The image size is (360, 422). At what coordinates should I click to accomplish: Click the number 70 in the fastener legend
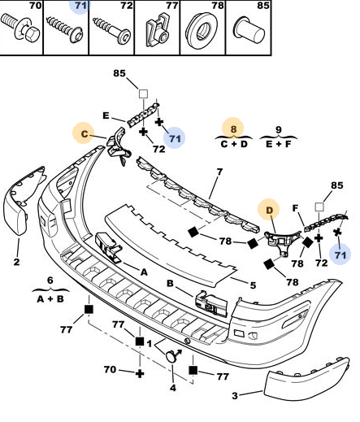[35, 5]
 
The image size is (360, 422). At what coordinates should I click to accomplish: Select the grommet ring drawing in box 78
[202, 31]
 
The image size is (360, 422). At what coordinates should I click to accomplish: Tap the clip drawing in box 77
[158, 31]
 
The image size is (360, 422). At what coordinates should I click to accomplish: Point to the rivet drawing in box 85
[249, 30]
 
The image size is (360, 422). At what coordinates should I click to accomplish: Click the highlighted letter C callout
[85, 133]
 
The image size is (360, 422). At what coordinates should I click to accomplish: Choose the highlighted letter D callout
[269, 211]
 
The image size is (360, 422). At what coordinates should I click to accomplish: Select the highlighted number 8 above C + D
[233, 128]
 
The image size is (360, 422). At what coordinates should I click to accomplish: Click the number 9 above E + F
[279, 129]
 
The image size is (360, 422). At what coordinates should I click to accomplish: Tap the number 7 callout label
[219, 172]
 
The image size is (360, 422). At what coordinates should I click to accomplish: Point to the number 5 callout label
[253, 285]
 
